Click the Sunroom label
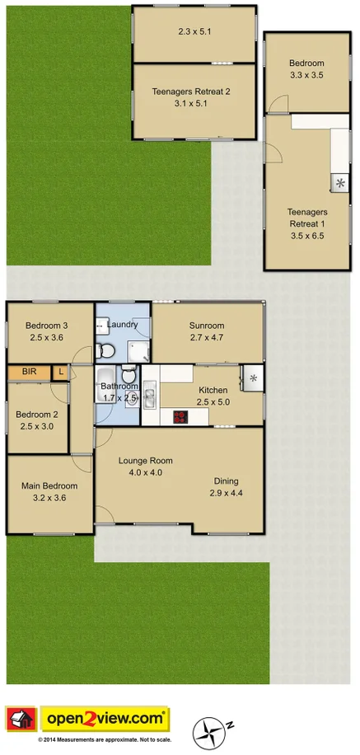point(207,326)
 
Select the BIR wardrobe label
point(29,373)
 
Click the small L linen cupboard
point(60,373)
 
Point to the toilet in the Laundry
point(105,352)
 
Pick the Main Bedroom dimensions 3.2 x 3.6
point(49,497)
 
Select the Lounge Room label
point(145,461)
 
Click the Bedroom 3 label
point(46,326)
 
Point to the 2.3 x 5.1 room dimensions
point(195,33)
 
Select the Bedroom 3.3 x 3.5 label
point(306,69)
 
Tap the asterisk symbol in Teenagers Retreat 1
point(339,184)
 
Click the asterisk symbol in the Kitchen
point(254,378)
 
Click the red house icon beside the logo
point(21,719)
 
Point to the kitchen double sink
point(150,396)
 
